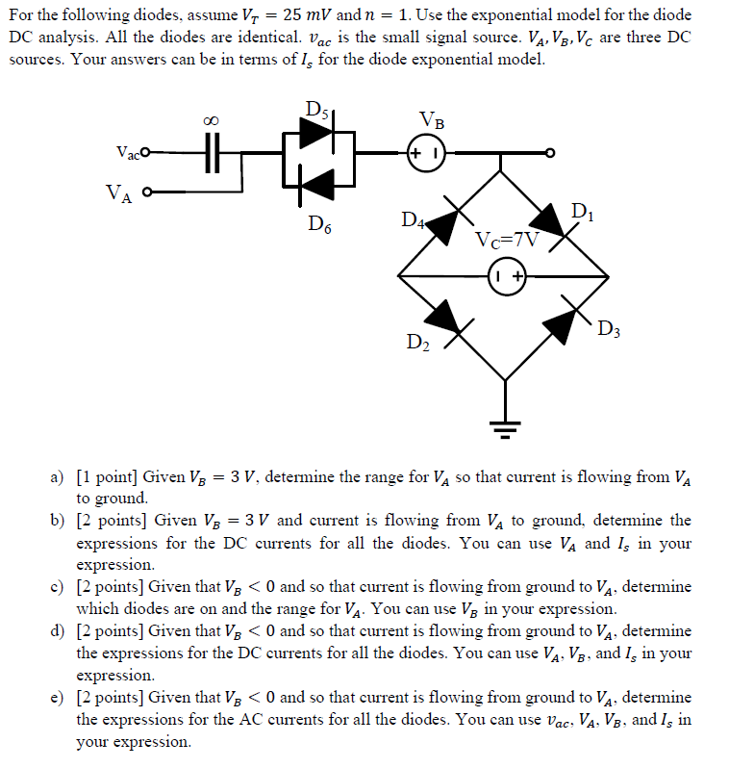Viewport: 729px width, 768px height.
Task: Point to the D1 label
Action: [582, 211]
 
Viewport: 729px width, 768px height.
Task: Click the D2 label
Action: [415, 343]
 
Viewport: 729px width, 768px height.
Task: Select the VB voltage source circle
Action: [425, 153]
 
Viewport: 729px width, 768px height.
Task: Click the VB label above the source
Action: [432, 121]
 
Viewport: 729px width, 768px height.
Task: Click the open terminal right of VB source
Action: [551, 153]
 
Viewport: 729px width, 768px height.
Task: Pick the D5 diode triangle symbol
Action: [315, 135]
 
